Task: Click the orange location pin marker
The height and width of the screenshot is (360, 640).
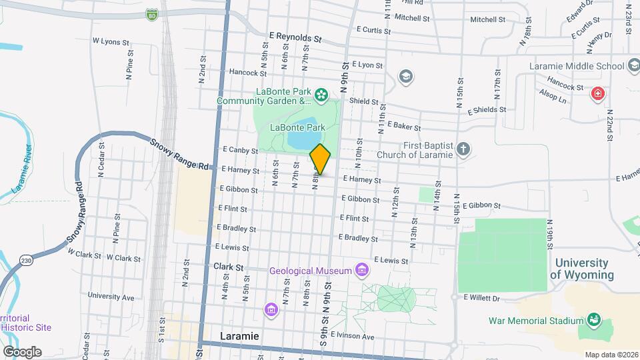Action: [320, 159]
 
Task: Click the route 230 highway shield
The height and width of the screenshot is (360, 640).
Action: [26, 259]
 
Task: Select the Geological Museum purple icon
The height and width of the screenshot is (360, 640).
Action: [362, 270]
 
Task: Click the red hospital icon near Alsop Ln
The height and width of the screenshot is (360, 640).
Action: [598, 93]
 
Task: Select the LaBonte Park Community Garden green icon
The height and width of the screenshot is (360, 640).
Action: [321, 95]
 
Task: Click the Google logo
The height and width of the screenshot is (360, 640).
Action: [21, 351]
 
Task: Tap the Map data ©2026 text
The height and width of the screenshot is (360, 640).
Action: [611, 354]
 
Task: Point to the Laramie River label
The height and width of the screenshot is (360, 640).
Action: [21, 169]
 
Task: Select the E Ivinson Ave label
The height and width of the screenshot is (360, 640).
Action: [356, 336]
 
